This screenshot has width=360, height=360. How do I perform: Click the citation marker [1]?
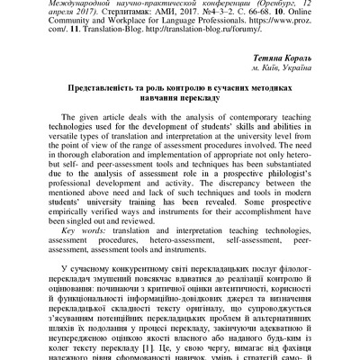(181, 344)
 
